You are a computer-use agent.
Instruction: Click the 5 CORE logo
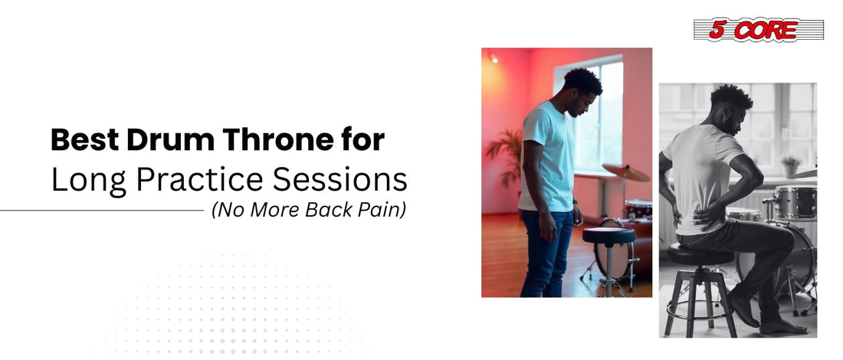pos(758,30)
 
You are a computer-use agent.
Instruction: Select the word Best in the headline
pos(85,140)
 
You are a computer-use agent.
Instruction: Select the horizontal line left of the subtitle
pos(102,210)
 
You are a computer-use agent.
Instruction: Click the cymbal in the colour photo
pos(626,172)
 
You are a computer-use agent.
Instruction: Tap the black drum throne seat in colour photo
pos(608,235)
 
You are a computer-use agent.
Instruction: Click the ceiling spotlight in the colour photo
pos(493,58)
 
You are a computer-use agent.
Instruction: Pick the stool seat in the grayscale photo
pos(700,254)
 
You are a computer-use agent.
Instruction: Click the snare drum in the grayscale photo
pos(795,202)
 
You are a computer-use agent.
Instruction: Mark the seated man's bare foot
pos(783,326)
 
